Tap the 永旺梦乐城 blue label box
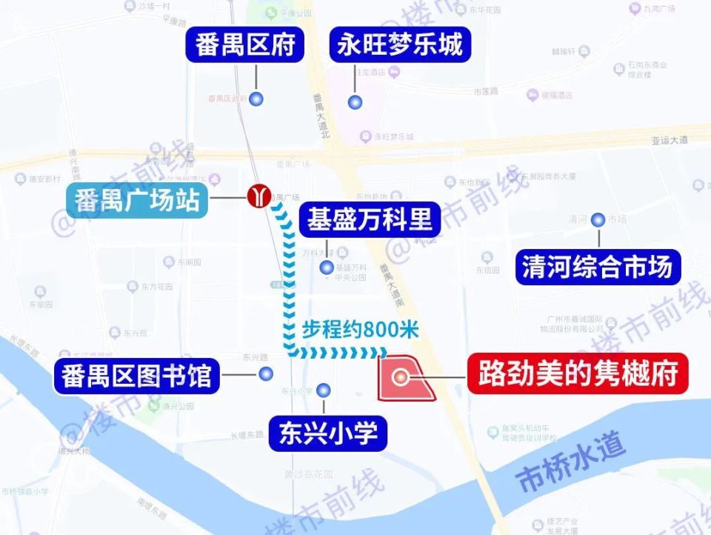click(x=400, y=45)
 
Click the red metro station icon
click(x=257, y=196)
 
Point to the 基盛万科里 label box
click(x=370, y=219)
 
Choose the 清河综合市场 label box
click(x=598, y=267)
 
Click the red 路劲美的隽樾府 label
click(x=578, y=375)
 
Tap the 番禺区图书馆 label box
click(x=136, y=376)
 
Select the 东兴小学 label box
click(x=323, y=432)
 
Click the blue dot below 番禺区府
click(x=257, y=99)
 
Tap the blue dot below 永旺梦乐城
click(x=356, y=102)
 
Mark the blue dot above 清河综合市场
click(x=598, y=219)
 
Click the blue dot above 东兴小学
click(x=323, y=390)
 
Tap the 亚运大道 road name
click(x=670, y=139)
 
